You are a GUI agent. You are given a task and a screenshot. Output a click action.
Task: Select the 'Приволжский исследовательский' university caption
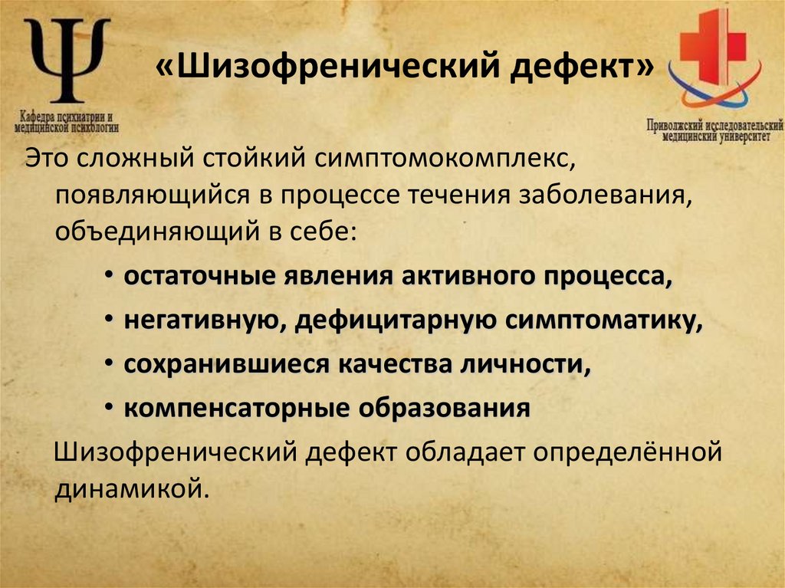714,125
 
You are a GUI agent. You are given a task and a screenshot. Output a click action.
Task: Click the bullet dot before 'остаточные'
112,278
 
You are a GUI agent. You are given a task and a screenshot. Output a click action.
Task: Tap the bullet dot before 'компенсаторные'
112,409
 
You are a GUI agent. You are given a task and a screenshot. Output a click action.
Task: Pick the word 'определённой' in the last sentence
631,452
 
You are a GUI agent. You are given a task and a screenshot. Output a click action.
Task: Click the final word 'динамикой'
132,488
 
